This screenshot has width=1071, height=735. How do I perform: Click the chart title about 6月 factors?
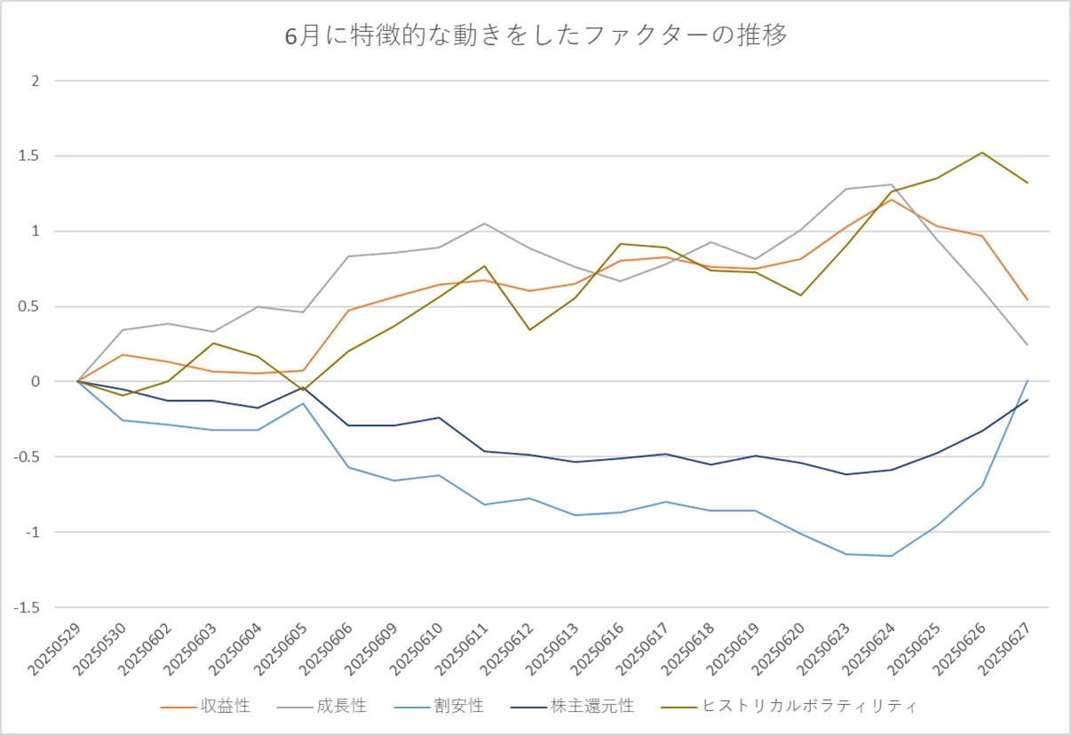535,36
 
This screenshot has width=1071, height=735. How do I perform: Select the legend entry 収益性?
206,706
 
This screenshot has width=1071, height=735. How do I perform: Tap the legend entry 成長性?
321,706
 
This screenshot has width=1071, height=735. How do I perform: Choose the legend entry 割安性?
440,706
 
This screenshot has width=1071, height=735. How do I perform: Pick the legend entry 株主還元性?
572,706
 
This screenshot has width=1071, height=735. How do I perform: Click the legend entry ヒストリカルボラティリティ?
789,706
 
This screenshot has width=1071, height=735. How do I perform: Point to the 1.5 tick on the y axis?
28,156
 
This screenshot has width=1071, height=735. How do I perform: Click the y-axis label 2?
36,81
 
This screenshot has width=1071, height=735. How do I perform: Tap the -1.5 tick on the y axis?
27,607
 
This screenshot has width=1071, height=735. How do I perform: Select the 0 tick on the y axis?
36,382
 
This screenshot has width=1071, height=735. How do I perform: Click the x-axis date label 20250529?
54,649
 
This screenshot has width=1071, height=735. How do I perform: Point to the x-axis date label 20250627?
1004,649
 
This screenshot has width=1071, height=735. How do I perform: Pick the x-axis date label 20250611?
462,649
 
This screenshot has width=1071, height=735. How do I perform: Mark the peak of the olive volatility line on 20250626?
982,153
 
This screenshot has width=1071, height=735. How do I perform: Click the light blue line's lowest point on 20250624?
892,556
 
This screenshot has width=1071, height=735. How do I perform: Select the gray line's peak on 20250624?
892,185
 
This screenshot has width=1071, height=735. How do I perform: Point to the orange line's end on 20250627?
1027,300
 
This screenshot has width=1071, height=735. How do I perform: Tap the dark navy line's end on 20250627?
1027,400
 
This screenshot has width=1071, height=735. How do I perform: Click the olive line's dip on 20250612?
530,329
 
